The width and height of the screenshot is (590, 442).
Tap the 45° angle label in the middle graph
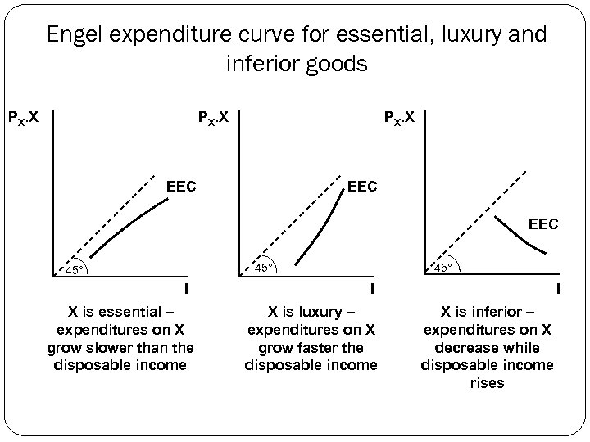point(263,268)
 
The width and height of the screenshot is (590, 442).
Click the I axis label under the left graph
point(187,288)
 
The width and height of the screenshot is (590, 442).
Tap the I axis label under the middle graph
point(371,288)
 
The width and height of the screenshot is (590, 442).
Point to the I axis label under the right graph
point(557,288)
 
